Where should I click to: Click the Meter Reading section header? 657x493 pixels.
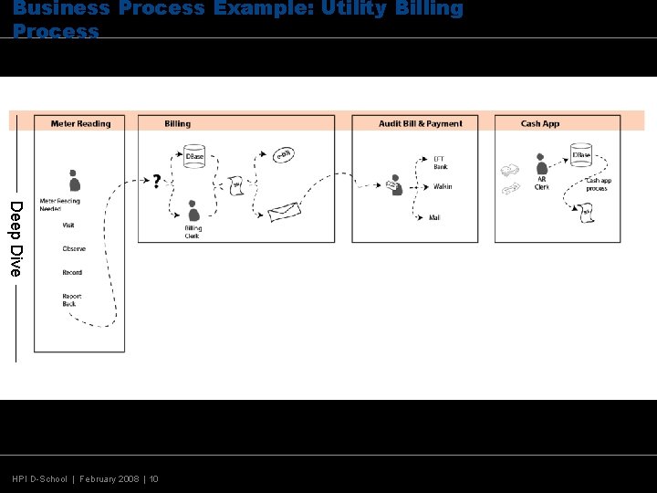80,124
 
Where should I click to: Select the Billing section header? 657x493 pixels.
178,124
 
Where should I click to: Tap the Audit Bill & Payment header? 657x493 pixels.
420,124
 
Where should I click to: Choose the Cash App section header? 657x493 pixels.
540,124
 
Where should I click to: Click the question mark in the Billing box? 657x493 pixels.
157,182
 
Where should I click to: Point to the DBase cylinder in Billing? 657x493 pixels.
194,154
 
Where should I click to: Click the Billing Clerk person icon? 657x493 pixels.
193,212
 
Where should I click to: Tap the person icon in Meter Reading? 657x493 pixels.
74,180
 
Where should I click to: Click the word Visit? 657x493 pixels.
68,225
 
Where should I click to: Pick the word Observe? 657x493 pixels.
73,248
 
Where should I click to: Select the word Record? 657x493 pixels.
72,272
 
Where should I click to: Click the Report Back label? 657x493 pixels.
71,299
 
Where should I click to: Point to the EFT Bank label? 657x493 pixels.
441,163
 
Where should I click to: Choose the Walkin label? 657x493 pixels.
443,187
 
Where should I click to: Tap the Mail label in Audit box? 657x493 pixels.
434,217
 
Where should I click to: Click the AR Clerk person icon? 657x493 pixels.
542,164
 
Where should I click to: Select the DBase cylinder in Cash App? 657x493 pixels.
581,153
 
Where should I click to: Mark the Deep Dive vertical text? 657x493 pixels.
15,238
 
